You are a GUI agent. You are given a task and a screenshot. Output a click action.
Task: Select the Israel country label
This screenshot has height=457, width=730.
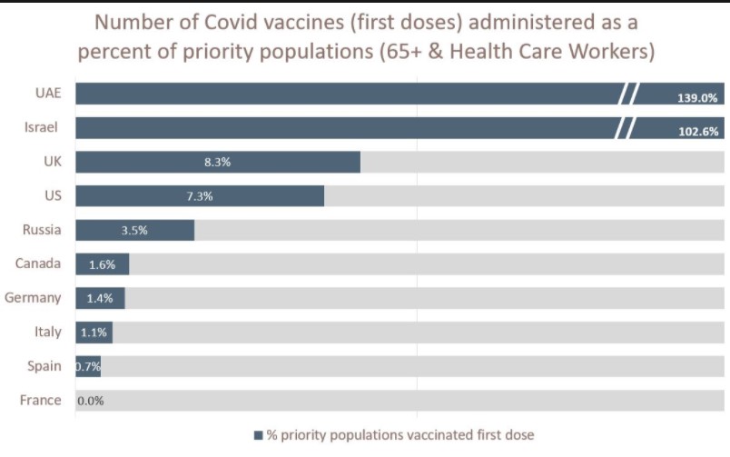[x=42, y=128]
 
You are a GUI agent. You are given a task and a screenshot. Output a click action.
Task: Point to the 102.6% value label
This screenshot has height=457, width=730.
[x=697, y=131]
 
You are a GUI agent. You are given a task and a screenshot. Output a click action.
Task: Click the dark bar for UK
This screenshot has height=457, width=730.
[x=218, y=162]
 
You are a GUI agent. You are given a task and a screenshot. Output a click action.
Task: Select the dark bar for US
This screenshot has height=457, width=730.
[x=200, y=196]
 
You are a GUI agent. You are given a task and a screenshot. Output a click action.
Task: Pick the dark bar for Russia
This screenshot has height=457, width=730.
[x=134, y=230]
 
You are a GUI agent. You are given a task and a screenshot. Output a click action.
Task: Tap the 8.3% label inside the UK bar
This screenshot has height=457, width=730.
[x=218, y=163]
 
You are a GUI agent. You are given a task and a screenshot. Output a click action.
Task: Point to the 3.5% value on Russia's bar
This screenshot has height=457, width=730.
[x=133, y=230]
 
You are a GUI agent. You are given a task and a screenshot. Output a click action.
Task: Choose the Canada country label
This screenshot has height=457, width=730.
[x=38, y=263]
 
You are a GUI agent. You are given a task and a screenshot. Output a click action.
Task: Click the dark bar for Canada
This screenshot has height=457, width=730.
[x=102, y=264]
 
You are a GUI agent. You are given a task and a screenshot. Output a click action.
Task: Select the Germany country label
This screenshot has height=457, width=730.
[x=33, y=297]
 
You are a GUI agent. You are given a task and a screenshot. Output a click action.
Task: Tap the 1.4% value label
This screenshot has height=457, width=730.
[x=100, y=298]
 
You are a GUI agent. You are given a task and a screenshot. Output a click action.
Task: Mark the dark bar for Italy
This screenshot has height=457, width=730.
[x=94, y=333]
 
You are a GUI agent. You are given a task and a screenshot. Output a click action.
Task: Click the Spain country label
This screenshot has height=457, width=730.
[x=44, y=366]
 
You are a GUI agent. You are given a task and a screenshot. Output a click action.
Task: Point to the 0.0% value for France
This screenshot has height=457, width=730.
[x=90, y=401]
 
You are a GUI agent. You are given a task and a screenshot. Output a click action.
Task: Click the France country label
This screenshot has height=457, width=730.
[x=40, y=400]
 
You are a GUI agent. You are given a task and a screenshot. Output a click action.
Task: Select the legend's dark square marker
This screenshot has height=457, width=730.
[x=258, y=435]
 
